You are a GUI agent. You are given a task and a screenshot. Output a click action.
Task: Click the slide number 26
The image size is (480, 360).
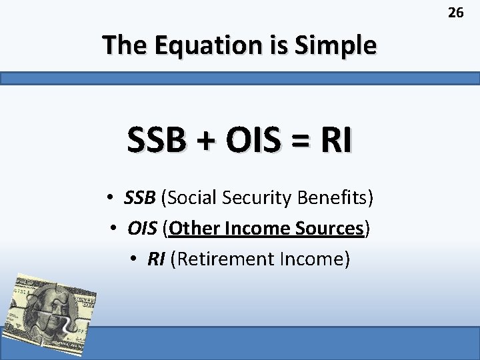[456, 12]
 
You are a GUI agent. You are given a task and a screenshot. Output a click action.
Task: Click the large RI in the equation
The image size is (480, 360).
[337, 141]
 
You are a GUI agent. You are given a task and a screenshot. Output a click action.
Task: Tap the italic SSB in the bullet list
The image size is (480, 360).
[139, 198]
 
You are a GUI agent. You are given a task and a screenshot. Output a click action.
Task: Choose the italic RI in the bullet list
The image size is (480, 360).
[156, 259]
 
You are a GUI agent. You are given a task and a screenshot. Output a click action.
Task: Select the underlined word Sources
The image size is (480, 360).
[329, 229]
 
